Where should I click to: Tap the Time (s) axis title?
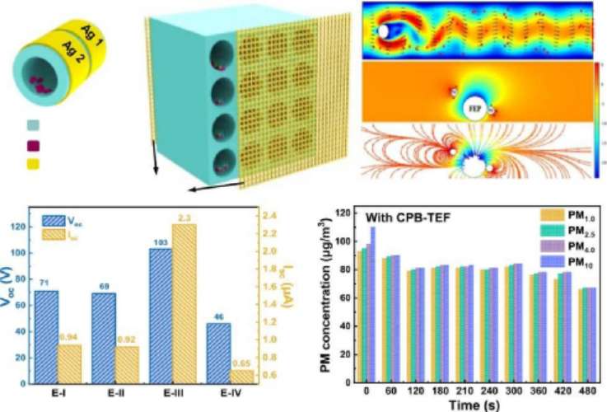click(467, 403)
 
